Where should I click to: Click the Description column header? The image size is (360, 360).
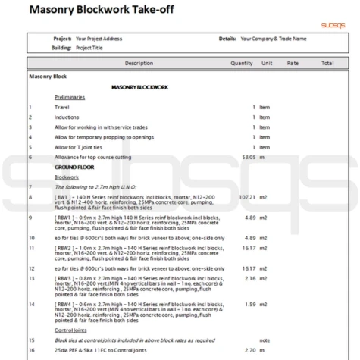click(x=139, y=63)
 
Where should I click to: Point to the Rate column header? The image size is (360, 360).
click(x=293, y=63)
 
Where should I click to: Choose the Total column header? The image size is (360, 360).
click(x=327, y=63)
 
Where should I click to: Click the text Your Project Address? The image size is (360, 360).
click(x=99, y=39)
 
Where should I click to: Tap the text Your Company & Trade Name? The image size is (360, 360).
click(x=274, y=39)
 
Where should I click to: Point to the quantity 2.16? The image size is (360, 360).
click(x=247, y=278)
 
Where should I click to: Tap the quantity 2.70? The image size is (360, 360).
click(x=247, y=351)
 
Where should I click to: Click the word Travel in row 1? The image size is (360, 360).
click(x=62, y=108)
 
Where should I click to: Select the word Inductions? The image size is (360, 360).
click(x=67, y=117)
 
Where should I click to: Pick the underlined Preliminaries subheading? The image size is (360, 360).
click(x=70, y=98)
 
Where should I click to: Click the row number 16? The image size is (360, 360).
click(x=31, y=351)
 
